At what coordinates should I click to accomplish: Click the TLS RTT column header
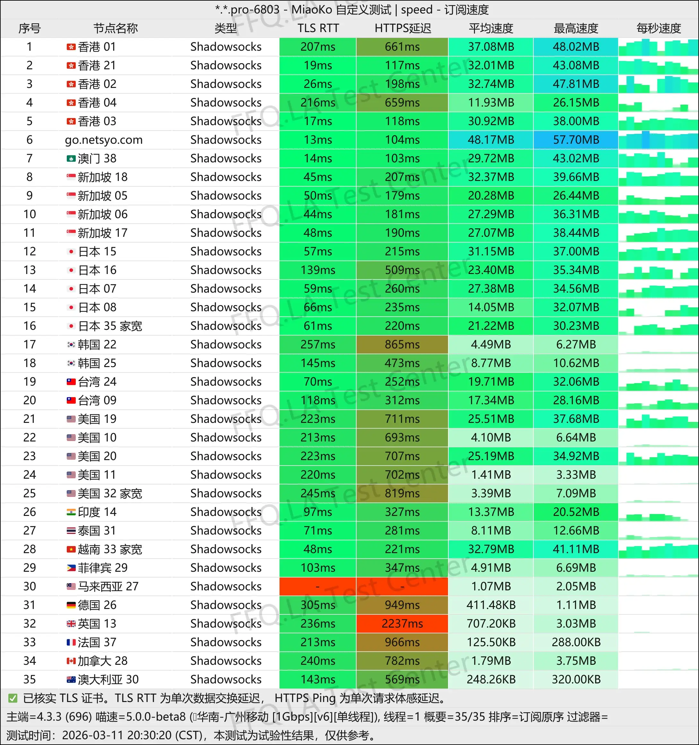click(x=318, y=28)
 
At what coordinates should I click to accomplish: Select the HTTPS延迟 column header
click(x=402, y=28)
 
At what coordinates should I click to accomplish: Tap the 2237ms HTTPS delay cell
click(x=402, y=624)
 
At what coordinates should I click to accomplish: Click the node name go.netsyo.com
click(x=103, y=140)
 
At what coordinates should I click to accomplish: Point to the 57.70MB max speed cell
click(x=576, y=140)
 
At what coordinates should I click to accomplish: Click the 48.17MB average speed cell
click(x=491, y=140)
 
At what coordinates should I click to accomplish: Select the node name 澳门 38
click(x=97, y=158)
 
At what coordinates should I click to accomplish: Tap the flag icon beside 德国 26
click(x=71, y=605)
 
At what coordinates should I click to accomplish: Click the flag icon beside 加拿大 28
click(x=71, y=661)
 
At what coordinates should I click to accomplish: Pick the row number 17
click(x=30, y=344)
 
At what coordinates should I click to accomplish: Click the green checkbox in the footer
click(x=13, y=698)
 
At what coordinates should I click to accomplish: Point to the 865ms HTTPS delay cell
click(x=402, y=344)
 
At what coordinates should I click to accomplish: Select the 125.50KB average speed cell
click(x=491, y=642)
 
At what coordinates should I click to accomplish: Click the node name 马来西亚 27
click(x=108, y=586)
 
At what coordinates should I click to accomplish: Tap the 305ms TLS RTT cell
click(x=317, y=605)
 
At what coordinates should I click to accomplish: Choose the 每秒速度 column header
click(x=658, y=28)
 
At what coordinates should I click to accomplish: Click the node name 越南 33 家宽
click(x=110, y=549)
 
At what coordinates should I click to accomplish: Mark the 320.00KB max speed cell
click(x=576, y=680)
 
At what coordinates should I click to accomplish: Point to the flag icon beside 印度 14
click(x=71, y=512)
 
